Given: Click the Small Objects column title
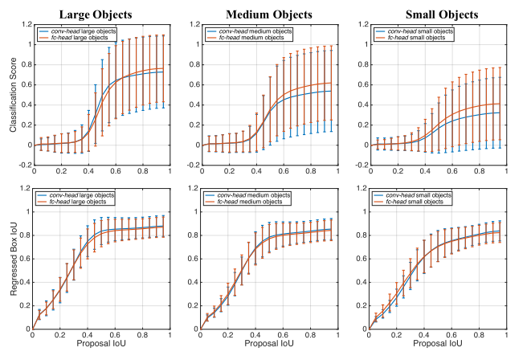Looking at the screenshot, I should coord(439,14).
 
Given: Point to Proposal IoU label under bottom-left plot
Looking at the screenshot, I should coord(108,351).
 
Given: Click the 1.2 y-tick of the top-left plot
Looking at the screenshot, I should coord(25,24).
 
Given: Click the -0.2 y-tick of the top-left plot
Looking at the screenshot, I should coord(23,166).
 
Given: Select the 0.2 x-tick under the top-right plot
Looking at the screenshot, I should coord(399,172).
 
